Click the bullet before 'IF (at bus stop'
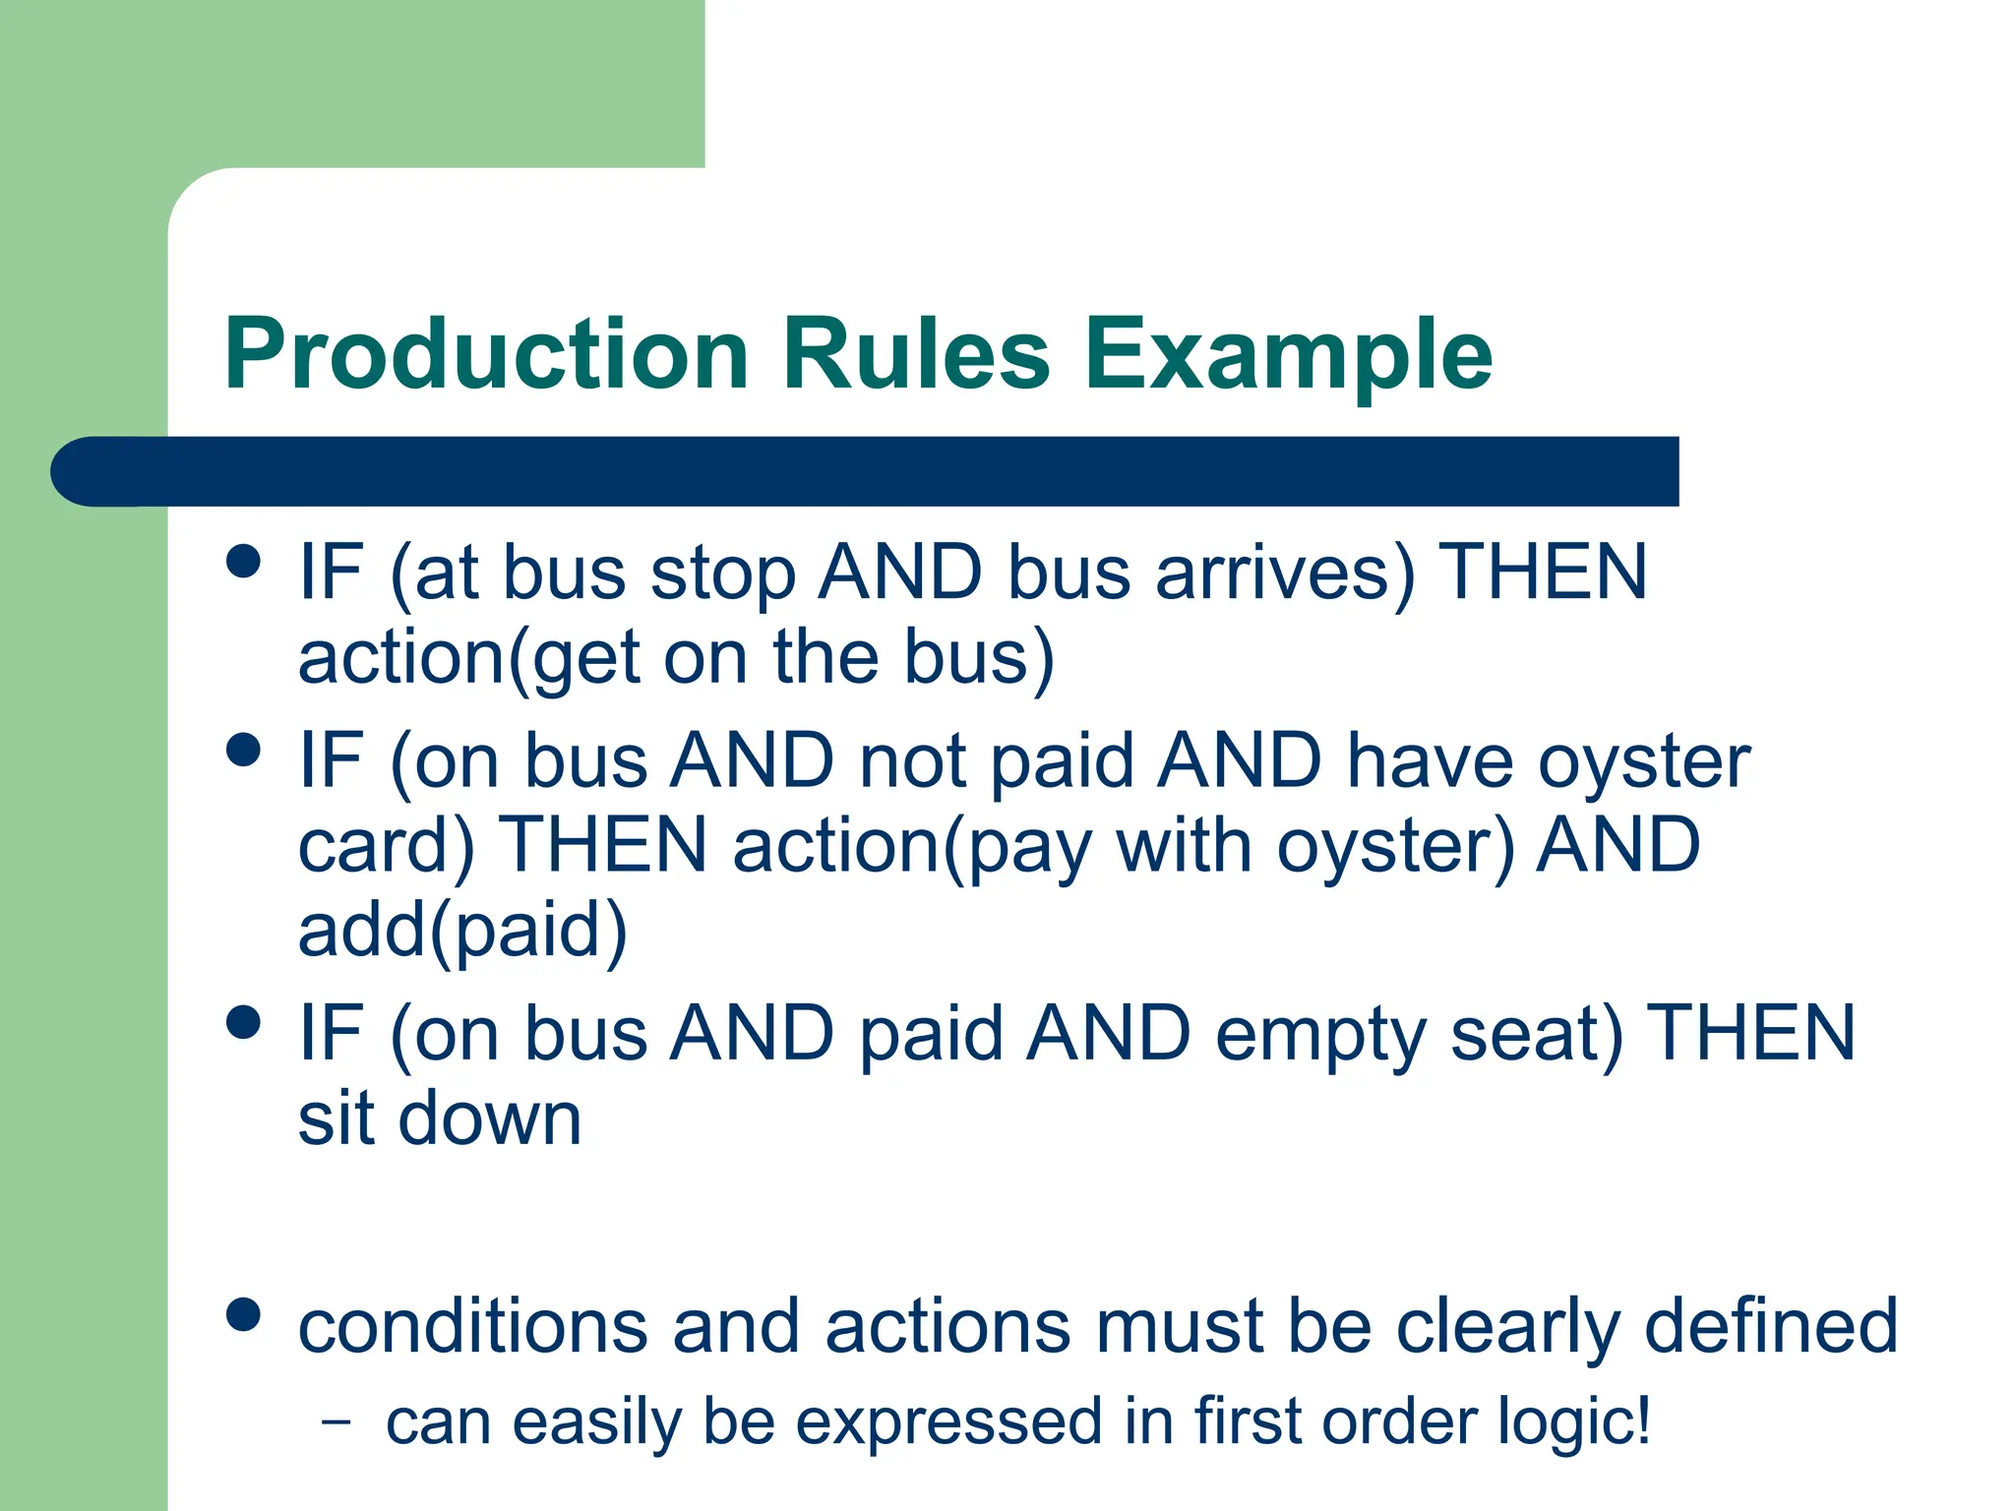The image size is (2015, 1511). click(243, 563)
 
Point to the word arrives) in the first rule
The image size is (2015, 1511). click(1285, 574)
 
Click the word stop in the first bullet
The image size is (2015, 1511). click(723, 574)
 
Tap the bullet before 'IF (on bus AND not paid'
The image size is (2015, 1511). click(243, 750)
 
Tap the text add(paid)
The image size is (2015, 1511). click(462, 931)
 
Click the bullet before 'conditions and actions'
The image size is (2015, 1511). click(243, 1315)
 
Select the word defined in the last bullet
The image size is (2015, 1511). click(1771, 1326)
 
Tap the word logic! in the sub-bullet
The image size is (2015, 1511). click(1574, 1422)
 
